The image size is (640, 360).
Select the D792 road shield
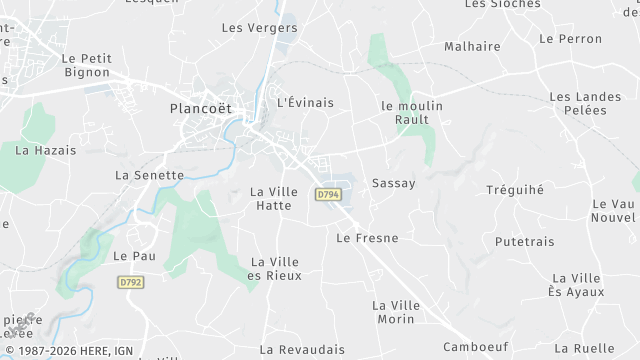(130, 283)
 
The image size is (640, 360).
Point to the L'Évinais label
(304, 103)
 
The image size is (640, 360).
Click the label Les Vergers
(259, 28)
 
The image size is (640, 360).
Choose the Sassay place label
(393, 184)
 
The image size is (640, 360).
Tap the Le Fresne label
(367, 238)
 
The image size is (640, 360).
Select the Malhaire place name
(472, 46)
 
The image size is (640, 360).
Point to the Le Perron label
(570, 39)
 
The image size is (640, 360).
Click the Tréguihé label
(514, 190)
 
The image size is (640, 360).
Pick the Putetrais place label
(525, 242)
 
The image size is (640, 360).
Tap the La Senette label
(150, 174)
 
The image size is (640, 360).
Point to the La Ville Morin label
(394, 311)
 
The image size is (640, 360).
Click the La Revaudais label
(302, 350)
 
